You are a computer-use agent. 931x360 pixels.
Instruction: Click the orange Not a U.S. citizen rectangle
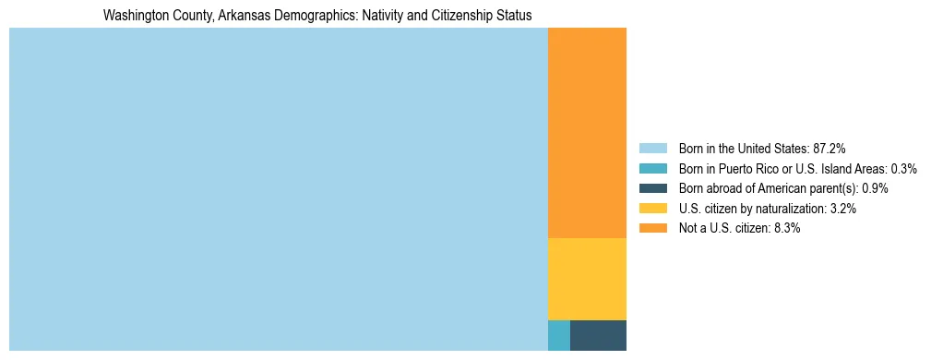pos(587,133)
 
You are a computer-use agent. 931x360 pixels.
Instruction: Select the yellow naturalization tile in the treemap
pos(587,279)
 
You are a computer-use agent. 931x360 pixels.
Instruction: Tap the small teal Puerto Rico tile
pos(559,335)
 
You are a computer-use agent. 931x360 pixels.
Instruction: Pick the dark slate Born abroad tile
pos(598,335)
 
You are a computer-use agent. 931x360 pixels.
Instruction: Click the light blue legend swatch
pos(652,149)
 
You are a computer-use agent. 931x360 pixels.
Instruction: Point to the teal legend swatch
pos(652,169)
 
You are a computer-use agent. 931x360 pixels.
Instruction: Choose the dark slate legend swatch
pos(652,188)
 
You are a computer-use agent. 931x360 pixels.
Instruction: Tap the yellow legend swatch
pos(652,209)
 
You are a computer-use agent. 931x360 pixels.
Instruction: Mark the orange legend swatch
pos(652,228)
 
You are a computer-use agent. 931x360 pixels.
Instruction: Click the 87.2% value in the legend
pos(829,149)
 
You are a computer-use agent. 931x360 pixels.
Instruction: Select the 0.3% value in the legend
pos(903,169)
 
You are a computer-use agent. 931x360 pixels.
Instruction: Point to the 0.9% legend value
pos(875,188)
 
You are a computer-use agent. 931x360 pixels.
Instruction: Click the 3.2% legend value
pos(842,209)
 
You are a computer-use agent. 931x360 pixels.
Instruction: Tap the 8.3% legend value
pos(786,228)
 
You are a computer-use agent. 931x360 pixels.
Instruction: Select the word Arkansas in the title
pos(233,16)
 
